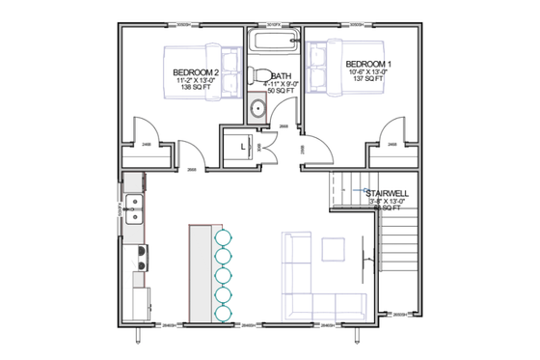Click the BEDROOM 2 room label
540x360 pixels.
coord(197,72)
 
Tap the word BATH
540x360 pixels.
coord(282,75)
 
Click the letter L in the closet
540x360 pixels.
coord(242,148)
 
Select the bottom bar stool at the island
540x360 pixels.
coord(223,312)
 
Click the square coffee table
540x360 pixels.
coord(334,249)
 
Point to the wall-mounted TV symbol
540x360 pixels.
coord(365,259)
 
